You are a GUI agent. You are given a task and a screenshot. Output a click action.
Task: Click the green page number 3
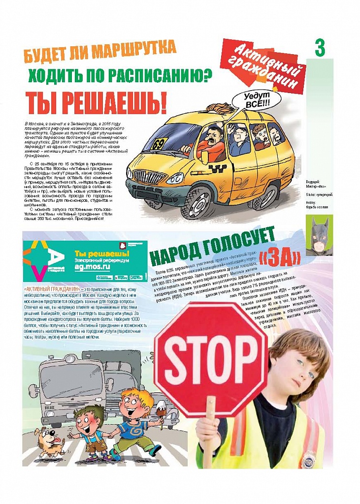point(320,48)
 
